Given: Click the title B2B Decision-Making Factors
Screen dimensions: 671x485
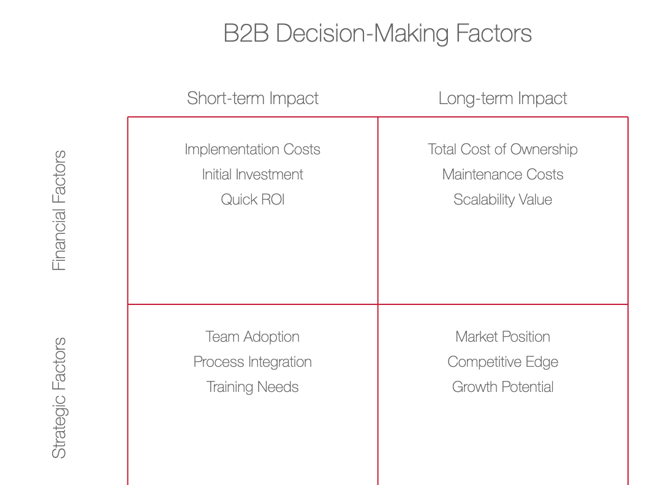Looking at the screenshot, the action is [x=377, y=33].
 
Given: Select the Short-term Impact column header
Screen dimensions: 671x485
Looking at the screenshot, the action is [x=252, y=99].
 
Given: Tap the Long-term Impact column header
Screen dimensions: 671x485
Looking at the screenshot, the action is [x=503, y=99].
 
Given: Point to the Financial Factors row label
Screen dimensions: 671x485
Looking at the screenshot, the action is [x=59, y=211].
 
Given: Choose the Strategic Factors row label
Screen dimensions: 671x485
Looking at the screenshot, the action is [x=59, y=398].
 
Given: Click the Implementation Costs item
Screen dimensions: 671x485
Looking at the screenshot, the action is [x=252, y=149].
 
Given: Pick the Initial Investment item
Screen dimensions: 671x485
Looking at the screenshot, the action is [x=252, y=175].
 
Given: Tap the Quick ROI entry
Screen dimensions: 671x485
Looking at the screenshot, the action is [x=252, y=200].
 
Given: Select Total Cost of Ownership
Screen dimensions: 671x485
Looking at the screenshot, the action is [x=503, y=149].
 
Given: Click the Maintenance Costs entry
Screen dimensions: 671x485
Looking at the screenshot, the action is [x=503, y=175].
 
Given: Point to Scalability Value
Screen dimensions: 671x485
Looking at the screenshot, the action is [x=503, y=200].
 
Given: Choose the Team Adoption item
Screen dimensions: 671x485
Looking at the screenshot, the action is [x=252, y=337].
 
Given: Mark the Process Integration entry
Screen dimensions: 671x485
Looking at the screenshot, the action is [x=252, y=362].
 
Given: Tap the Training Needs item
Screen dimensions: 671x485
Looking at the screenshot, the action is [x=252, y=387].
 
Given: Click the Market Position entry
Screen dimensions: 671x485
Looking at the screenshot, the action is [x=503, y=337].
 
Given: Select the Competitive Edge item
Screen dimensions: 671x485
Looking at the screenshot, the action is [x=503, y=362].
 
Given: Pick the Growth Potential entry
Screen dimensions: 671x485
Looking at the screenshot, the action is [x=503, y=387].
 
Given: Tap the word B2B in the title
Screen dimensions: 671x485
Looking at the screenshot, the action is [x=246, y=33].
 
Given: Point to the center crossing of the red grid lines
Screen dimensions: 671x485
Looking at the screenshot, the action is [x=378, y=304].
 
